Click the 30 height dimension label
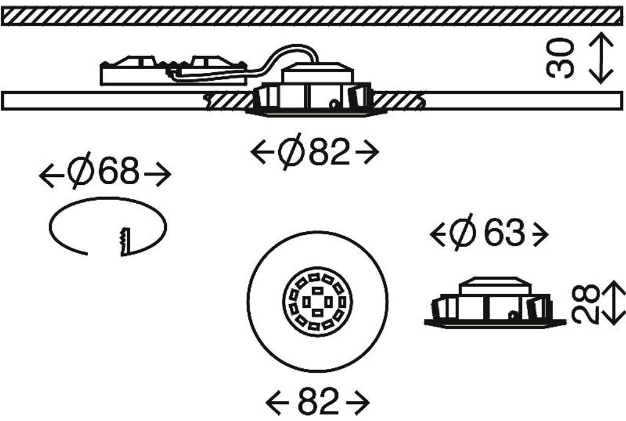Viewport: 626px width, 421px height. (561, 58)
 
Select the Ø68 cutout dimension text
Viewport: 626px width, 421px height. (104, 174)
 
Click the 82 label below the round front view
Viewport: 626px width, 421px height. (318, 402)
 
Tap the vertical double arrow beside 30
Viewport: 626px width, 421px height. (602, 58)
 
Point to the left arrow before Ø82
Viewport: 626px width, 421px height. (262, 152)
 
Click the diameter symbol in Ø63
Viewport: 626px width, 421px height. (463, 233)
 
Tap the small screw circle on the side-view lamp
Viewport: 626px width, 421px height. (511, 315)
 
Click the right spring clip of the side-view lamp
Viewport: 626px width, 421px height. (538, 307)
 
